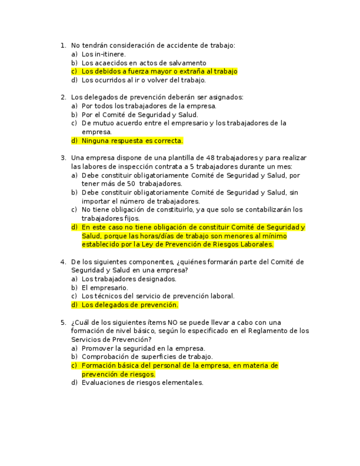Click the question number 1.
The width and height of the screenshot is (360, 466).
click(63, 46)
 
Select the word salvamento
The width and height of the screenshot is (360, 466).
click(189, 63)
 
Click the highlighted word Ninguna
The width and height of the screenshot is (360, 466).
click(95, 141)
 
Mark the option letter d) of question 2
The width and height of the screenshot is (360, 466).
click(74, 141)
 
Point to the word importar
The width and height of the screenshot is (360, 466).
click(95, 202)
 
